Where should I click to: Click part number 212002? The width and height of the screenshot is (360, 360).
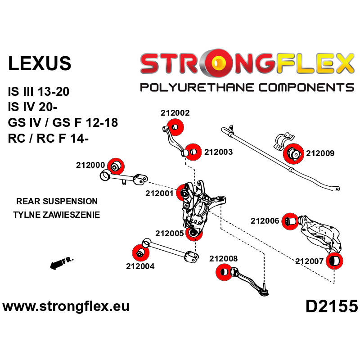tap(175, 113)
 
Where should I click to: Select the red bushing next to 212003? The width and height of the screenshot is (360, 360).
tap(193, 152)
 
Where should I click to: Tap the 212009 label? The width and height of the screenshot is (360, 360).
tap(320, 153)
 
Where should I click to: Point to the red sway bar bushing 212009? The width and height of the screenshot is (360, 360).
tap(292, 153)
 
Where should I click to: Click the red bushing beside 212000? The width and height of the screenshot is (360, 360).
tap(116, 166)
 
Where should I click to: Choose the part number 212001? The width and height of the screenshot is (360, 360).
tap(159, 193)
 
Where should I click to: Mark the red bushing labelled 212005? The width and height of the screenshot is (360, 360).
tap(194, 232)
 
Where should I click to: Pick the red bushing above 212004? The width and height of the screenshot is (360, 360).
tap(140, 253)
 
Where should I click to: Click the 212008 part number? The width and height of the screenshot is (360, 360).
tap(223, 259)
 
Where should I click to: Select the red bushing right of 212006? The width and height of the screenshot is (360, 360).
tap(290, 221)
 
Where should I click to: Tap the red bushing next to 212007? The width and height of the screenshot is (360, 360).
tap(334, 261)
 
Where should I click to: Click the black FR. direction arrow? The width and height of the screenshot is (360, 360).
tap(62, 263)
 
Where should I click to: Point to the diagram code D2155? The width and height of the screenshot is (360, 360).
tap(332, 306)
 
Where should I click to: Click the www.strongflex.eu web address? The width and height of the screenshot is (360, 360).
tap(66, 306)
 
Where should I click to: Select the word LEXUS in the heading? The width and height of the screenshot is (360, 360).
tap(40, 63)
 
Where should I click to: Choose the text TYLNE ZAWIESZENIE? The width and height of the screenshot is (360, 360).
tap(57, 215)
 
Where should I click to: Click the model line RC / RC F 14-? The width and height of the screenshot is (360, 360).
tap(48, 139)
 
